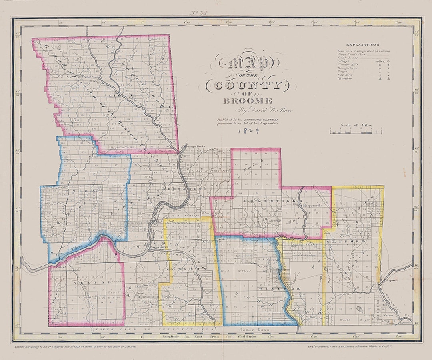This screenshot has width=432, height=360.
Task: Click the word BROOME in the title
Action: pyautogui.click(x=248, y=101)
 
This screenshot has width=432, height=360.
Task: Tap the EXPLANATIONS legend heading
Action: pyautogui.click(x=362, y=45)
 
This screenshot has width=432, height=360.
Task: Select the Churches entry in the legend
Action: pyautogui.click(x=345, y=79)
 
